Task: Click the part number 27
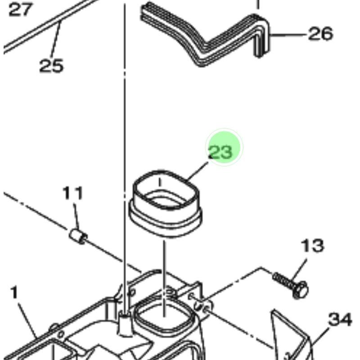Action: [x=21, y=9]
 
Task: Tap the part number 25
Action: [x=51, y=65]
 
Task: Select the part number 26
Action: [x=320, y=34]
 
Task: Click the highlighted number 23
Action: [x=220, y=152]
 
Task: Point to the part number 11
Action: [x=73, y=193]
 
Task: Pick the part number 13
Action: [x=312, y=245]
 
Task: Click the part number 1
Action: [x=14, y=293]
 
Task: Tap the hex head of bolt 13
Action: [x=301, y=290]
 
